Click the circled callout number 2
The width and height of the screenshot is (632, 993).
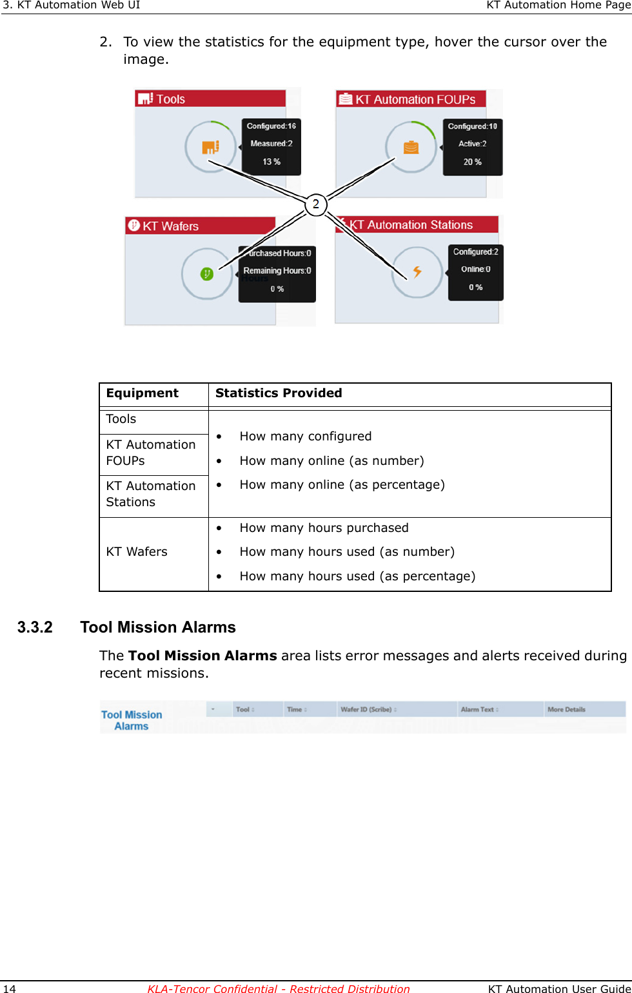[316, 204]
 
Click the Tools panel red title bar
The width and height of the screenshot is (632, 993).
[210, 99]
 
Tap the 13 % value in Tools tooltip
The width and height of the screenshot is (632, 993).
[272, 162]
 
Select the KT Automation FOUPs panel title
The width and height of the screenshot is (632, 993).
[415, 99]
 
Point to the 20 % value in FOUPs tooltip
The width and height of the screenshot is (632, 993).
[472, 162]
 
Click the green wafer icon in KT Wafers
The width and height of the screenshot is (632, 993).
[206, 274]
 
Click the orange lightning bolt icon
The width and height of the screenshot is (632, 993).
[417, 271]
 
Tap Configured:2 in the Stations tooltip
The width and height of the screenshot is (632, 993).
[475, 251]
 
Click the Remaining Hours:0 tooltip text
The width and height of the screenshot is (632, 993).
[277, 271]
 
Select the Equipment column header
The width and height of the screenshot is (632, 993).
[143, 393]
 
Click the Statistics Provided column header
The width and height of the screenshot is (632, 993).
[279, 393]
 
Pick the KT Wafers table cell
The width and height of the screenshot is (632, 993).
[137, 552]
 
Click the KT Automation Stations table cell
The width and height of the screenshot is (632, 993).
[150, 494]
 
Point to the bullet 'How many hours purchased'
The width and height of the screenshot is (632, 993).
[324, 528]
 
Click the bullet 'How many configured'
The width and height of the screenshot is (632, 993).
[305, 437]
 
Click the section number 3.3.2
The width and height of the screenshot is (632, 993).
[35, 627]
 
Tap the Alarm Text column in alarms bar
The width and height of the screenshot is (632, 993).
[479, 709]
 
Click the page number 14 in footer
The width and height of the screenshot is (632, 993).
[10, 988]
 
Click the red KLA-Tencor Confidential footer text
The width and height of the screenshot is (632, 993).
[278, 988]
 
